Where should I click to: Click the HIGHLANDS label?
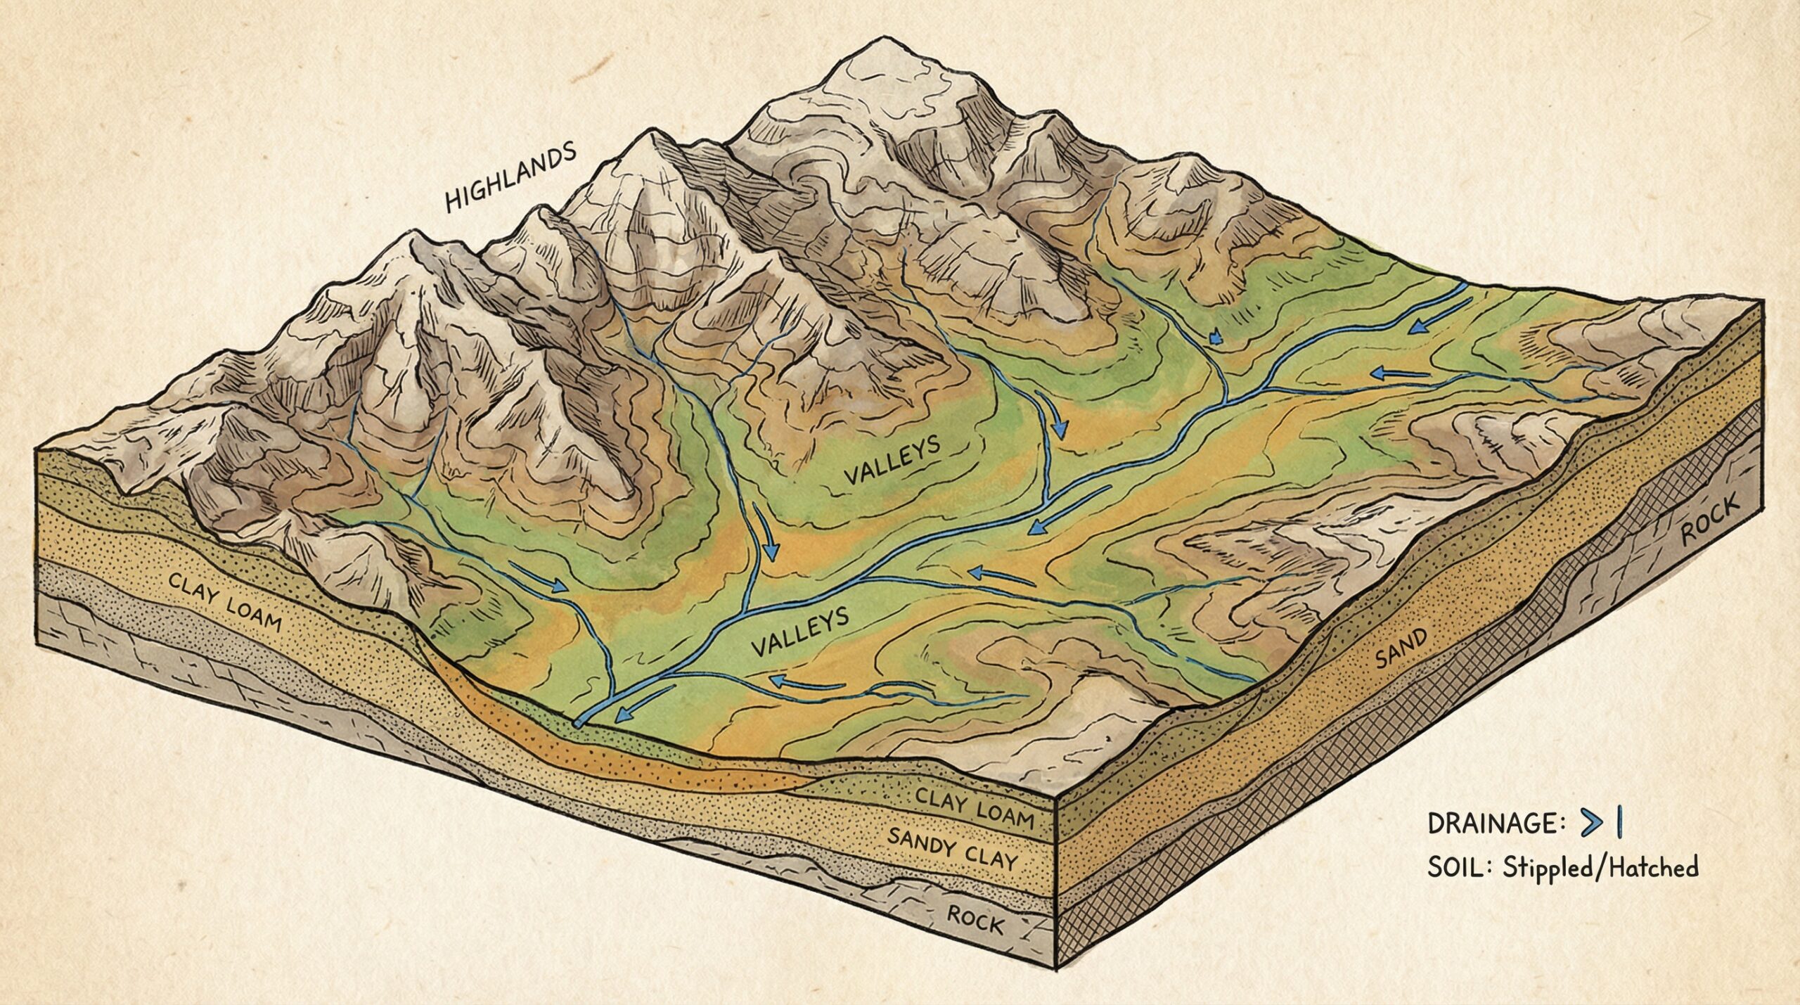tap(511, 178)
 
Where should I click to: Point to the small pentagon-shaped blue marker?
tap(1211, 339)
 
